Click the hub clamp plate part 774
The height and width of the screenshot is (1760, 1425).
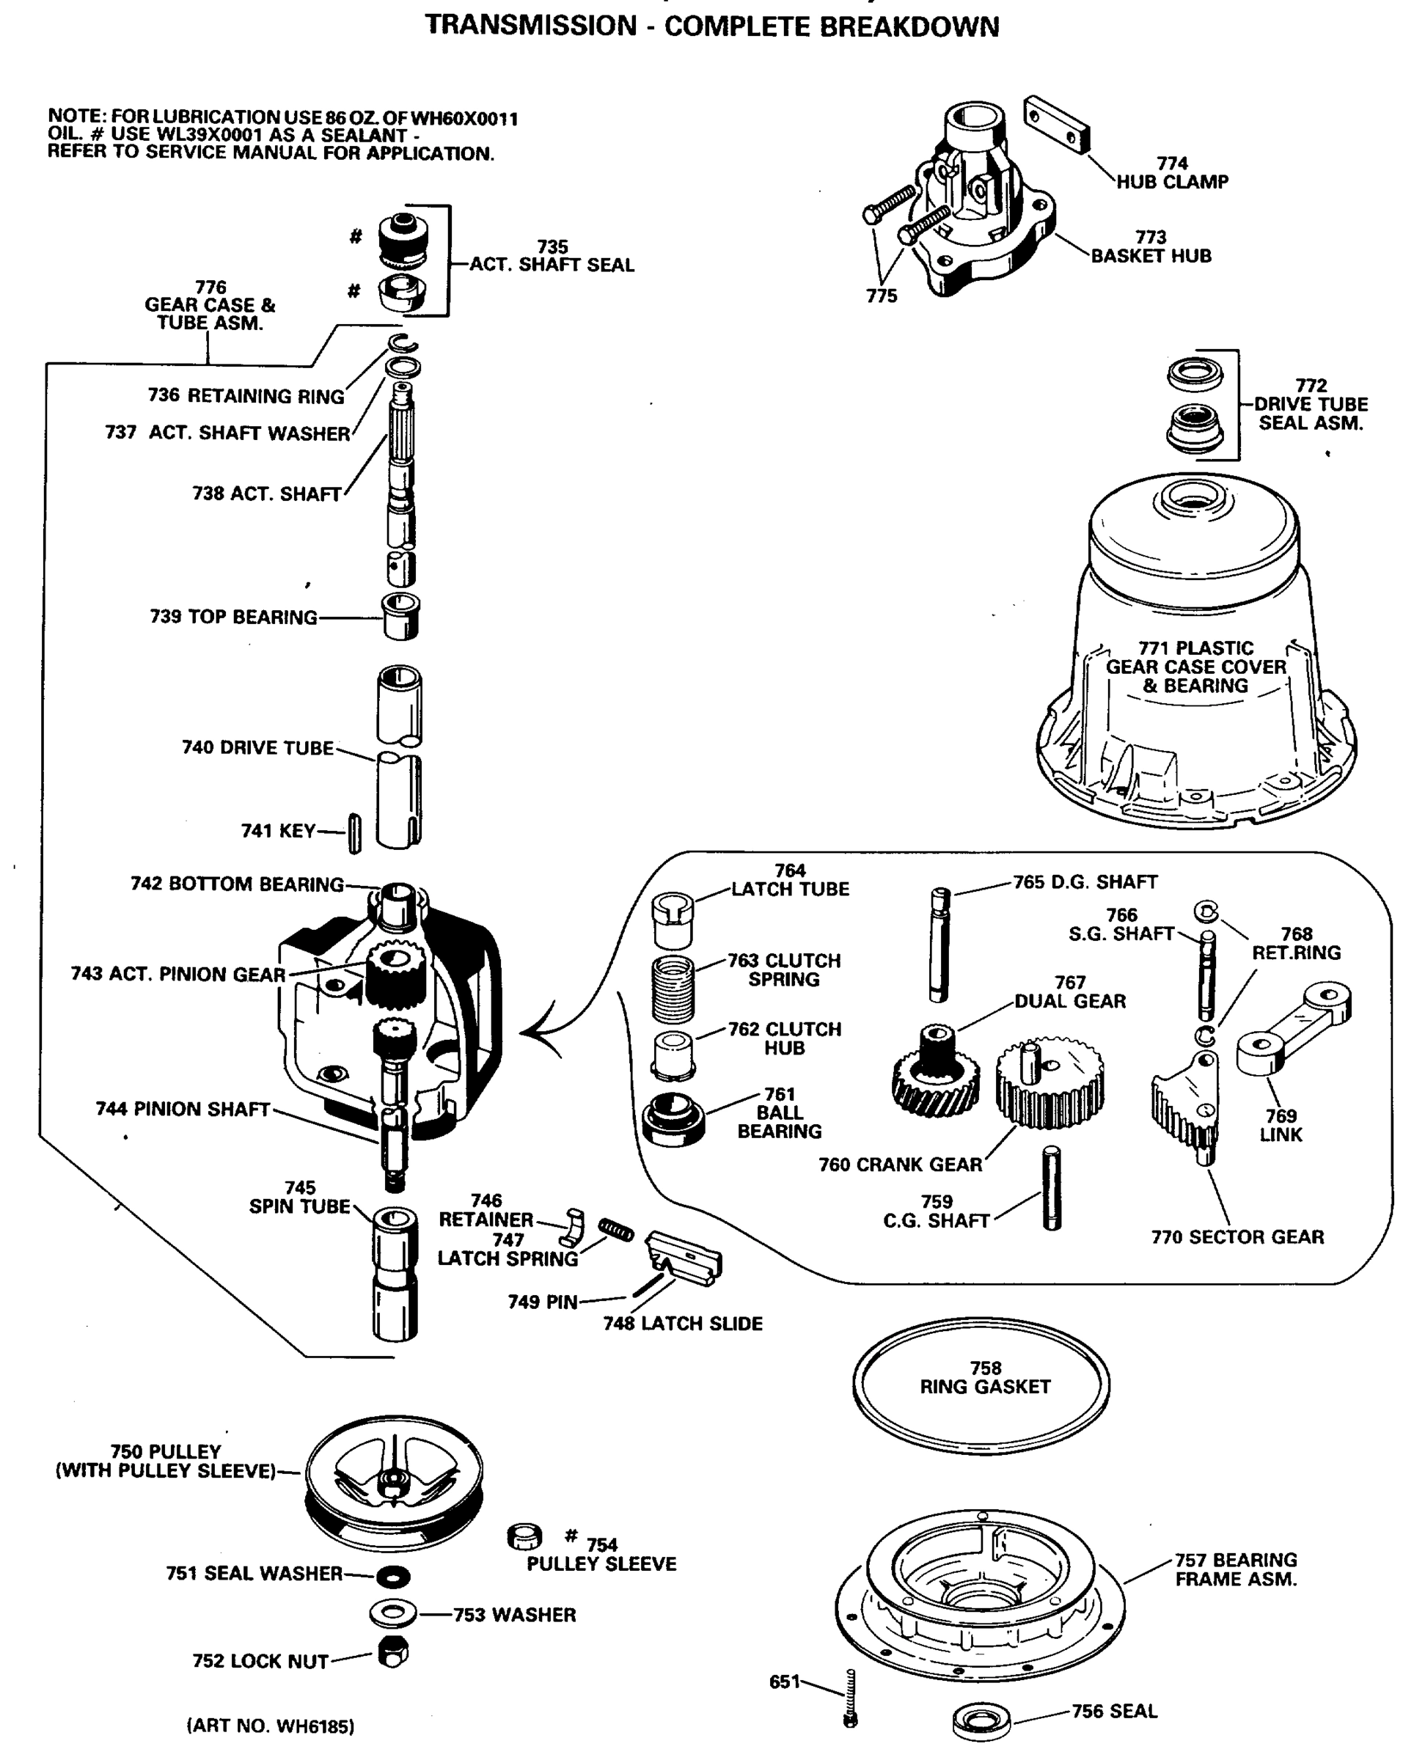pos(1055,124)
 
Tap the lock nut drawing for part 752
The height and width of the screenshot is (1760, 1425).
pos(392,1651)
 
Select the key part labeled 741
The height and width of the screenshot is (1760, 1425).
pos(355,832)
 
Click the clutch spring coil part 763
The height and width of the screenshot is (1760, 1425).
pos(673,979)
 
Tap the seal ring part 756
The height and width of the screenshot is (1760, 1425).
pos(983,1720)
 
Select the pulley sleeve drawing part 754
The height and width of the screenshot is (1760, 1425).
pos(524,1537)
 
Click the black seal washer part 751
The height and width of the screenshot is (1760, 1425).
pos(392,1576)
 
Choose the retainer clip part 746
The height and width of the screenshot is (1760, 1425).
pos(574,1228)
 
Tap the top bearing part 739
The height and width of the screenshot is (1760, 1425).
pos(401,616)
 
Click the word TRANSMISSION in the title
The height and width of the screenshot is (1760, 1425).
pos(530,26)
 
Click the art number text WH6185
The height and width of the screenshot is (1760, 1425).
pos(271,1726)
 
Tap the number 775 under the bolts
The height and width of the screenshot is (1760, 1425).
pos(881,296)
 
